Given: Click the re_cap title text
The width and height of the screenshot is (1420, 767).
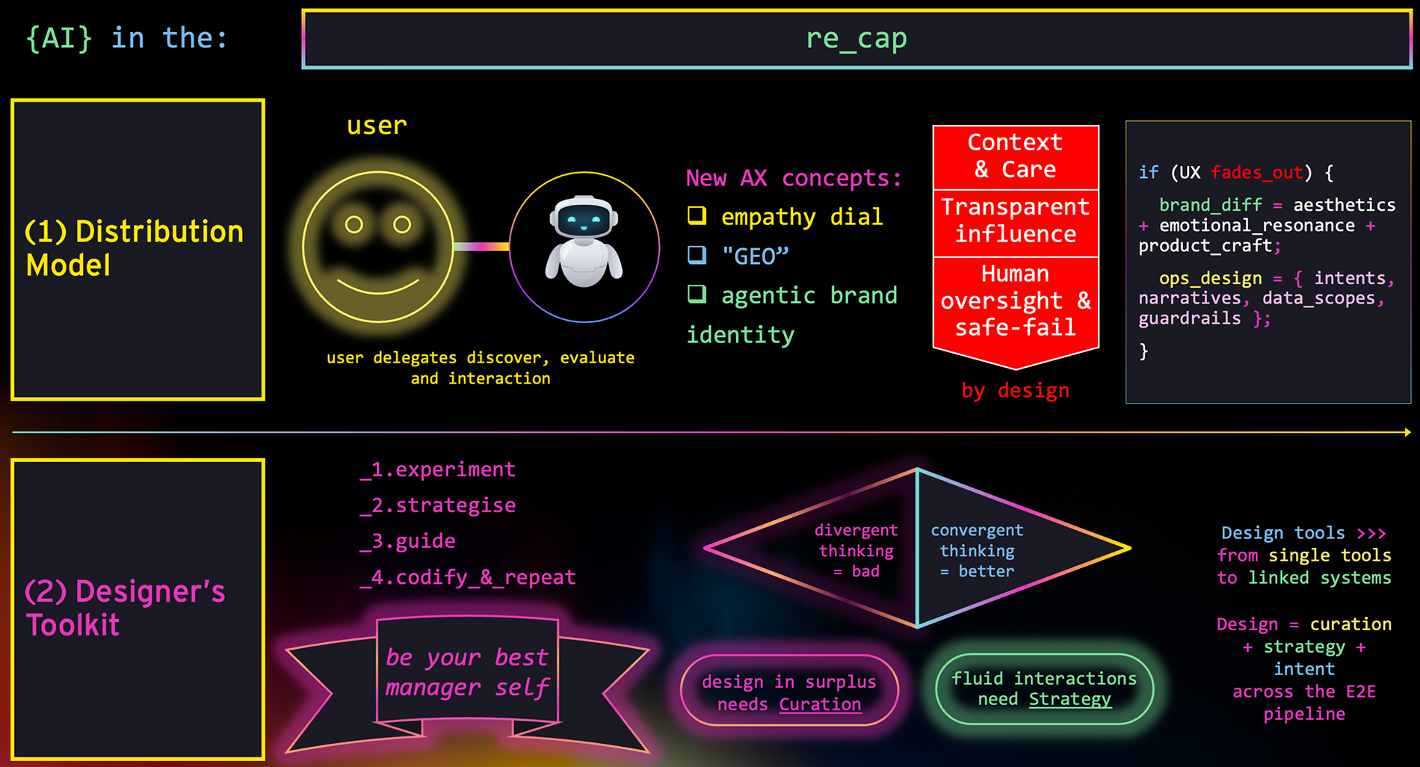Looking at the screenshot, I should pyautogui.click(x=856, y=38).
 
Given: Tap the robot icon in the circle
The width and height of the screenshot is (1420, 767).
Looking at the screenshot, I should pyautogui.click(x=584, y=241).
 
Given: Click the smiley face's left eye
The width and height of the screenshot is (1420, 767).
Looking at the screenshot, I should pyautogui.click(x=354, y=224).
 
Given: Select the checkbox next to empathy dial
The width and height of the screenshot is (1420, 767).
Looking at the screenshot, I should pyautogui.click(x=697, y=215).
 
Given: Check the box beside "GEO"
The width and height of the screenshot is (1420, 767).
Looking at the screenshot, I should pyautogui.click(x=697, y=255).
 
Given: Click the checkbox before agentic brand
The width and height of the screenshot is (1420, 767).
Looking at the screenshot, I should pyautogui.click(x=697, y=294).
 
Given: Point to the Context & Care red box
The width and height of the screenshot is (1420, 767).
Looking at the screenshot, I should pyautogui.click(x=1015, y=156).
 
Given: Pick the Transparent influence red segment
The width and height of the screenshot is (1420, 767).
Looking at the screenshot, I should pyautogui.click(x=1015, y=221).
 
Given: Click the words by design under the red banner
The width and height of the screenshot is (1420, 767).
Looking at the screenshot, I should pyautogui.click(x=1015, y=390).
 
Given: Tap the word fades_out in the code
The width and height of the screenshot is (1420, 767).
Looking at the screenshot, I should pyautogui.click(x=1256, y=173).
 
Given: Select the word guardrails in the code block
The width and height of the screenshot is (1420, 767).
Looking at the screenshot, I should pyautogui.click(x=1189, y=318).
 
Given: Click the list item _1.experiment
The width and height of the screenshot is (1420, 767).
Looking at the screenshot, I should pyautogui.click(x=438, y=469).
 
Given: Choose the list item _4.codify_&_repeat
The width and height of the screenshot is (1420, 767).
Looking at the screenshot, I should pyautogui.click(x=468, y=577).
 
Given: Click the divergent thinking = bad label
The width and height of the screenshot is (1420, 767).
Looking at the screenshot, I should pyautogui.click(x=856, y=551).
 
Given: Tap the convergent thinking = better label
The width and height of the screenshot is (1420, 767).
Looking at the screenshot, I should pyautogui.click(x=977, y=551).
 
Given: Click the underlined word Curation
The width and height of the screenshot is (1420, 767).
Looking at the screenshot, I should pyautogui.click(x=820, y=704).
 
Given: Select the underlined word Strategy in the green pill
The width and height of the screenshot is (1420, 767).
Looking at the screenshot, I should pyautogui.click(x=1069, y=699).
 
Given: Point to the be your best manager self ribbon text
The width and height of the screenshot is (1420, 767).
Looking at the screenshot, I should pyautogui.click(x=467, y=672).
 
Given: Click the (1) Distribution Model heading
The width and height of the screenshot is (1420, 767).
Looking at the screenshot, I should pyautogui.click(x=135, y=248).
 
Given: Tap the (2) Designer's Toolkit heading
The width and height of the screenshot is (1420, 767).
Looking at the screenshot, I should pyautogui.click(x=125, y=608).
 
